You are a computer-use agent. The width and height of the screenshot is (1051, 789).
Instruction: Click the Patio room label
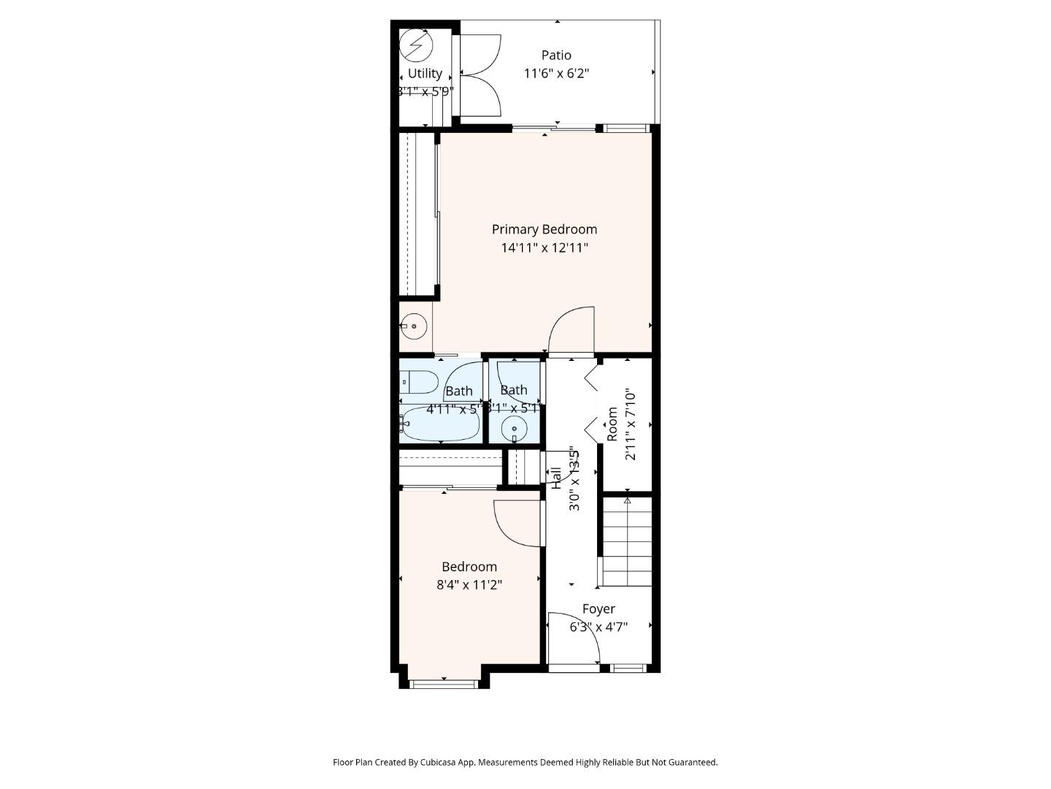(556, 55)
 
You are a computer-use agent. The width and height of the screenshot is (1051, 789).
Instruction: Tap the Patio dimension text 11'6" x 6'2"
(556, 73)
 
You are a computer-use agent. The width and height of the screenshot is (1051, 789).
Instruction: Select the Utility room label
(425, 73)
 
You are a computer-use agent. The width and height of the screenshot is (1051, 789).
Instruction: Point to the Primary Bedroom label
(544, 229)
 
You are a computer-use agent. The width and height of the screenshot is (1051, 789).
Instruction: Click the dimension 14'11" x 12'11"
(544, 248)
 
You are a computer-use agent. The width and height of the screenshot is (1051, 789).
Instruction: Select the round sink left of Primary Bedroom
(413, 326)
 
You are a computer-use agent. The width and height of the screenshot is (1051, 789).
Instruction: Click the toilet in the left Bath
(419, 381)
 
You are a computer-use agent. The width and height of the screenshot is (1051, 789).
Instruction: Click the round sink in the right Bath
(515, 429)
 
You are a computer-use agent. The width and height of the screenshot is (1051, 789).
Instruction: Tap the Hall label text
(556, 478)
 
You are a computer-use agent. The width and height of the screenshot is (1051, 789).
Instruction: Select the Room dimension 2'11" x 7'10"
(631, 424)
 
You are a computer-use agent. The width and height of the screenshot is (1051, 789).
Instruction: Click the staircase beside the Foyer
(626, 541)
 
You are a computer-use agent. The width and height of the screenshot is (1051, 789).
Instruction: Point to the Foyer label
(598, 609)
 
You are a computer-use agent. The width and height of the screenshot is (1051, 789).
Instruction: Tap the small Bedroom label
(469, 566)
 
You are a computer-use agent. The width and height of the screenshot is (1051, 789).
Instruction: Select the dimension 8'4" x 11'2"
(469, 584)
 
